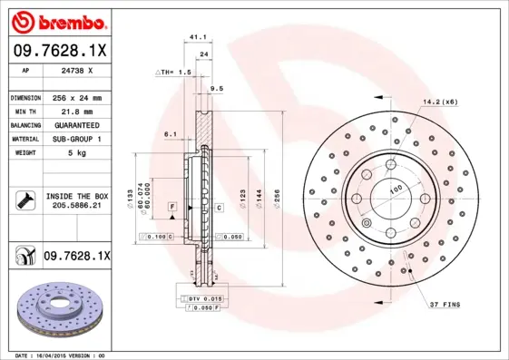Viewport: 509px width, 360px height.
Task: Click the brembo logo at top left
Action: [x=58, y=20]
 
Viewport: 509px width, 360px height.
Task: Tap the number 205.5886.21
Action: [x=76, y=205]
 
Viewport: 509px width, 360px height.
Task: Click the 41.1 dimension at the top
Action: [x=194, y=37]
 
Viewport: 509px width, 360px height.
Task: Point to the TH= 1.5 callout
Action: [x=175, y=71]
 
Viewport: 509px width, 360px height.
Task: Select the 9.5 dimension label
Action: [x=217, y=88]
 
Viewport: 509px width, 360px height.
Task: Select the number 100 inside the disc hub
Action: [x=396, y=190]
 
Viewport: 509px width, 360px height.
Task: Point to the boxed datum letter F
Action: [x=171, y=208]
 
